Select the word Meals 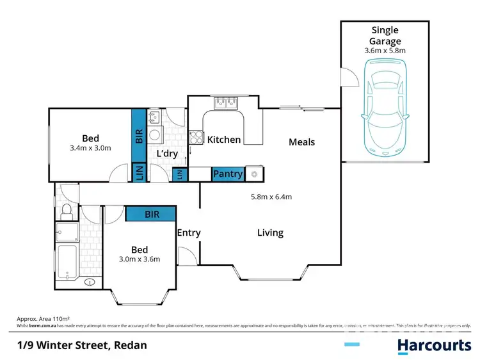301,142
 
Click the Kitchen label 224,140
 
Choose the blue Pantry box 227,174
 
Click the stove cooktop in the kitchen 196,137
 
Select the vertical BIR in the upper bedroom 139,135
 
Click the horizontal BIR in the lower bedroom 152,214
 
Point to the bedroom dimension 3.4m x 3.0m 90,148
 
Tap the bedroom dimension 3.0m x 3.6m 139,259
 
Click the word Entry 189,233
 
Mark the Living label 270,233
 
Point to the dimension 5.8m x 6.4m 271,197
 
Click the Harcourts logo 434,345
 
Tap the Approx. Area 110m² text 42,318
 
